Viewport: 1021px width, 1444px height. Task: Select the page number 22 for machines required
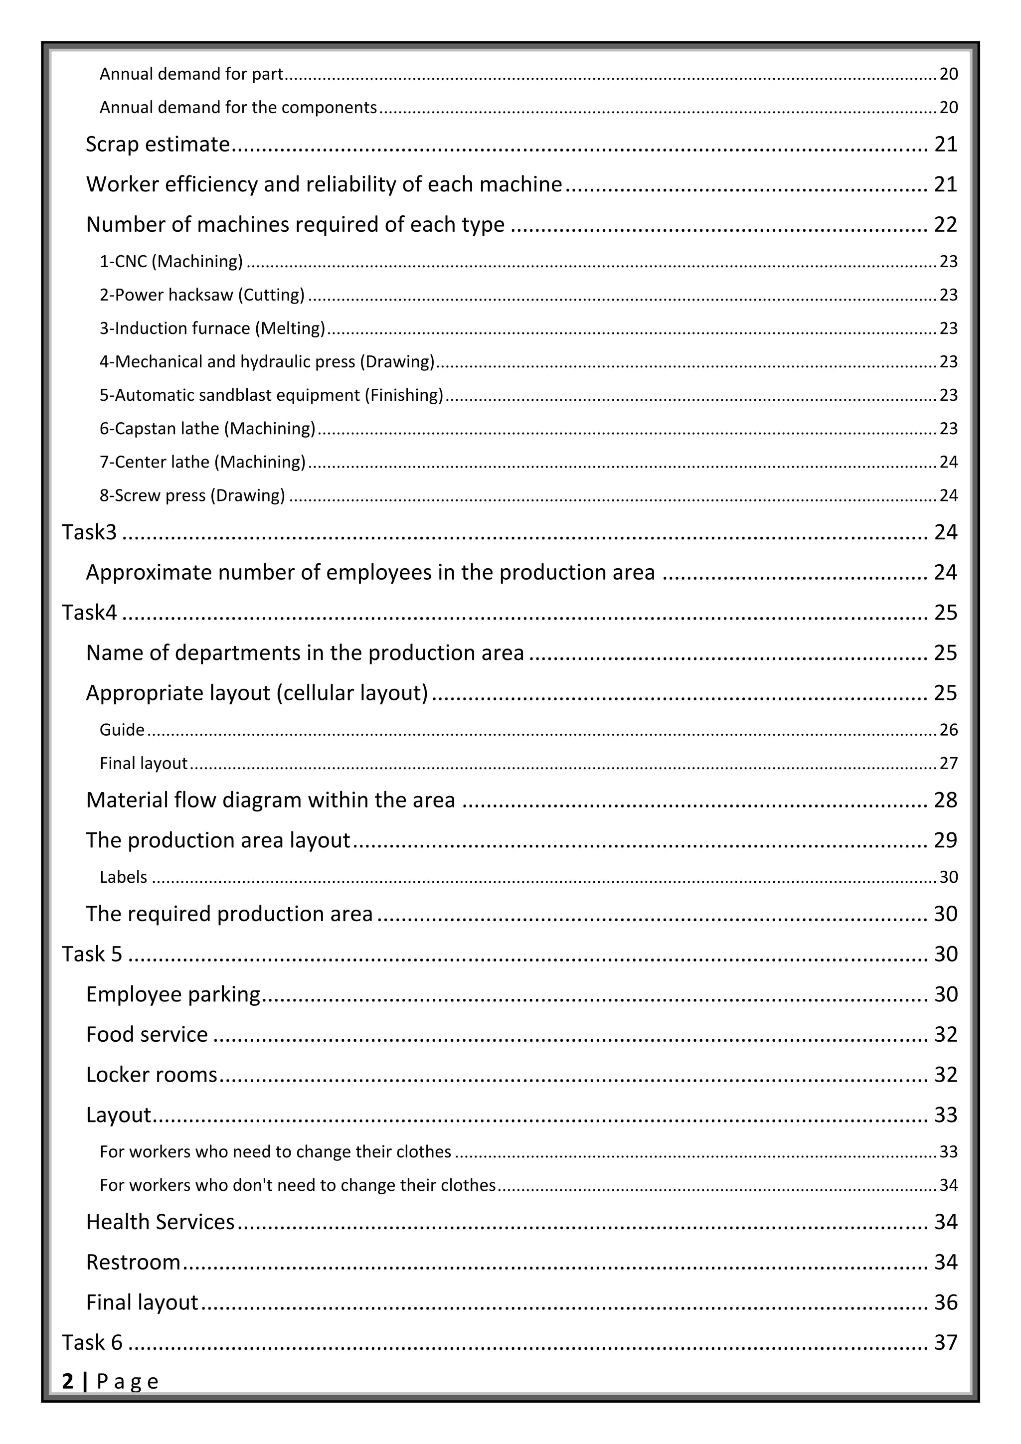945,224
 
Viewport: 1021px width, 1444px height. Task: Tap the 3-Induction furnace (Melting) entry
212,328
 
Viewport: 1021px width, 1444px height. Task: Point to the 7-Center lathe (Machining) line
202,462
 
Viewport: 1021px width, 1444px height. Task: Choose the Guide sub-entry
122,730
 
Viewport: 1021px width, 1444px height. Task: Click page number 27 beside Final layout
948,764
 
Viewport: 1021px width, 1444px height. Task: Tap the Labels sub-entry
123,877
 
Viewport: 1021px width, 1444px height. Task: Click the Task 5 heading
92,954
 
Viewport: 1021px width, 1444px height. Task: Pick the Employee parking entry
173,994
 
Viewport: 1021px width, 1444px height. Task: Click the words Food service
147,1035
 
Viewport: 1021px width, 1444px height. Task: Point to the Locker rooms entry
152,1075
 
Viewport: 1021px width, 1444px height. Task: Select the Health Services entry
161,1222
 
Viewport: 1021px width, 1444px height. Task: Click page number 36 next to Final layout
945,1302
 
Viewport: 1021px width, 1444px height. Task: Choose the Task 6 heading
92,1343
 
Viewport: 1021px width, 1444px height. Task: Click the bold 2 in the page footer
67,1382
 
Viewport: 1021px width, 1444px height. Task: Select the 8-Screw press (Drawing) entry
192,495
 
